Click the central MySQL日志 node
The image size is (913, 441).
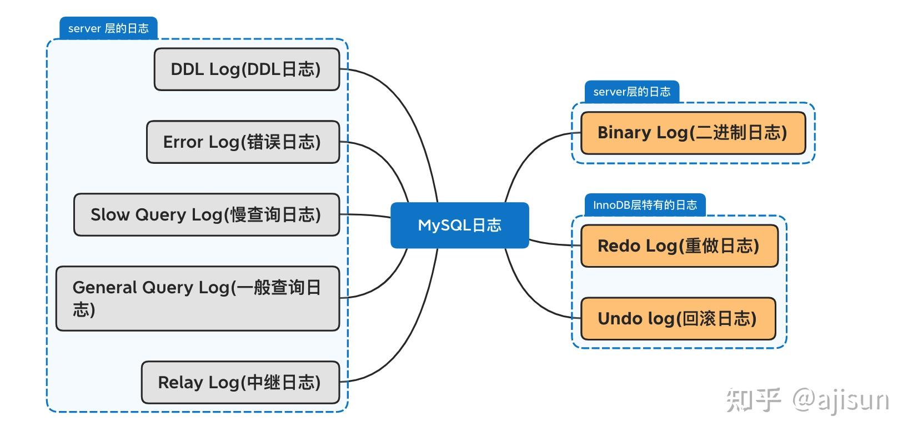(459, 225)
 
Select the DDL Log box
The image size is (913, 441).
(246, 69)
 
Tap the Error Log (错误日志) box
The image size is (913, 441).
(243, 142)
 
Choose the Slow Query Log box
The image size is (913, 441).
(206, 214)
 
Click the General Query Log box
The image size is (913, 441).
(197, 298)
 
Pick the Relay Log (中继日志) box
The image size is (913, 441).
(240, 382)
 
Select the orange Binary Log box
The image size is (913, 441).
(693, 133)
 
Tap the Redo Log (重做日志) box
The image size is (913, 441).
(679, 245)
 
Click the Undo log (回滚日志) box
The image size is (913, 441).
(678, 318)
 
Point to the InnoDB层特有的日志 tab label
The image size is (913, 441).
(645, 205)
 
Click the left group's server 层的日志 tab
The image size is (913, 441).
(108, 28)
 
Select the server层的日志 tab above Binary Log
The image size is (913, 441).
(631, 92)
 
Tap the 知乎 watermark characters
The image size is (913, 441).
(754, 400)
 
